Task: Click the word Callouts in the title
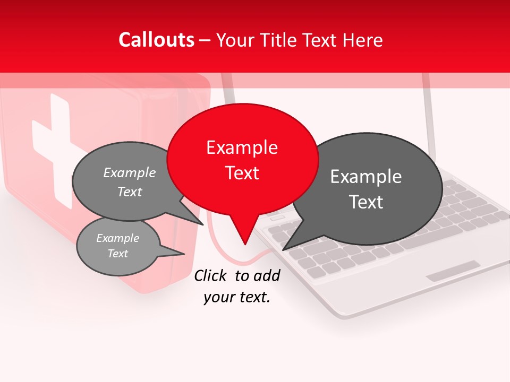point(156,40)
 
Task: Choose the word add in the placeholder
point(267,275)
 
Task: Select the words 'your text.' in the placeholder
point(237,298)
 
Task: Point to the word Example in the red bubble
point(242,147)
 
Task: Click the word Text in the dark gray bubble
point(366,202)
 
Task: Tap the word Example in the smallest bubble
point(117,238)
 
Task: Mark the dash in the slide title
point(205,40)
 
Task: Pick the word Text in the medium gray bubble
point(130,192)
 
